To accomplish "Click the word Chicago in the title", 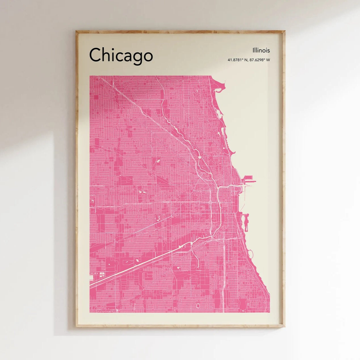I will [x=121, y=55].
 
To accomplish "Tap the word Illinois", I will [x=261, y=50].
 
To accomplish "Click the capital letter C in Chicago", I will [x=95, y=55].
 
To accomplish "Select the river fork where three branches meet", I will [x=218, y=188].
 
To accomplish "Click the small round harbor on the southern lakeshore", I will [x=251, y=252].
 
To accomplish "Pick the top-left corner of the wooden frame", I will [x=76, y=31].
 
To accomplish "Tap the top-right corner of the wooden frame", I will [x=284, y=31].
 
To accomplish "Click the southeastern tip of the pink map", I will [x=269, y=311].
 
